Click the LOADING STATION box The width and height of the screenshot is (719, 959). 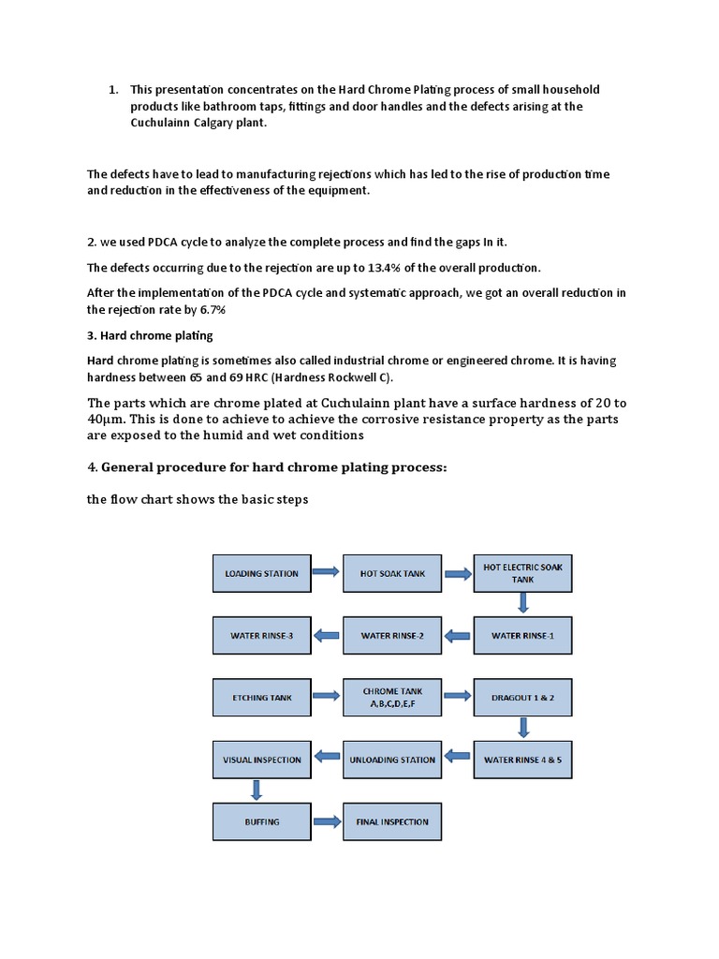coord(262,573)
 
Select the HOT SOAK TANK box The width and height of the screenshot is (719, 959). coord(392,573)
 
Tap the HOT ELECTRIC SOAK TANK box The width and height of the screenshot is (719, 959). coord(522,573)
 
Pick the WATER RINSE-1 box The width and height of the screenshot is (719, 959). coord(522,635)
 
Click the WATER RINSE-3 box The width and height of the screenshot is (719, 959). coord(262,635)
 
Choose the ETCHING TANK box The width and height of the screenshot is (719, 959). coord(262,697)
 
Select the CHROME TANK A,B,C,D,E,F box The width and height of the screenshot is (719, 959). coord(392,697)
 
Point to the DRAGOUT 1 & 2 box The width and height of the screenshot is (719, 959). coord(522,697)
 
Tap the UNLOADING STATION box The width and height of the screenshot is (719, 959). coord(392,760)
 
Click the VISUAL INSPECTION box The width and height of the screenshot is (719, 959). coord(262,760)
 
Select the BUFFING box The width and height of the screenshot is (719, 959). coord(262,821)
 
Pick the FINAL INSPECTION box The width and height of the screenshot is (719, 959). coord(392,821)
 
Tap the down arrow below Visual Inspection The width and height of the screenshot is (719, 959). coord(255,790)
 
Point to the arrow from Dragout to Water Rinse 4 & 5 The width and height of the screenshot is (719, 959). coord(523,728)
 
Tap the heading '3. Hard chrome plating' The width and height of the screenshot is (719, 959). coord(150,335)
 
